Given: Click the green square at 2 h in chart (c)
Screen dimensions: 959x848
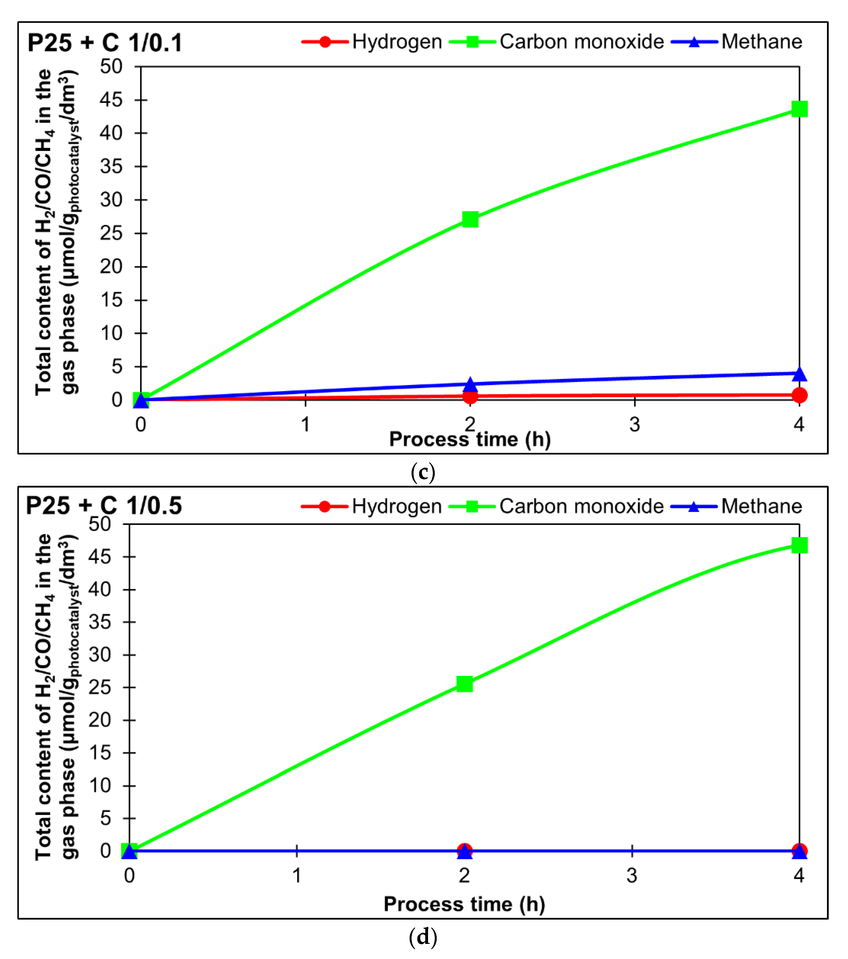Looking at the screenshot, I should pyautogui.click(x=470, y=219).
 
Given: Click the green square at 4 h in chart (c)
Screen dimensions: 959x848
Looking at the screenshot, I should pyautogui.click(x=799, y=109).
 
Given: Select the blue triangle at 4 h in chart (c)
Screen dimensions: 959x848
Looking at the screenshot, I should pyautogui.click(x=799, y=374).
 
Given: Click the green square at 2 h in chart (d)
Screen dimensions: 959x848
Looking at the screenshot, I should pyautogui.click(x=465, y=684).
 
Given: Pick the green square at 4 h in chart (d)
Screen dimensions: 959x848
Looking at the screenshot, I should pyautogui.click(x=799, y=545).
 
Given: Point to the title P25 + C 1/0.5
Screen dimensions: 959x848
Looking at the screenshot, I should pyautogui.click(x=104, y=506).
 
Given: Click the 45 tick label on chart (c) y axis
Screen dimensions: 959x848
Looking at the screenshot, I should pyautogui.click(x=111, y=100).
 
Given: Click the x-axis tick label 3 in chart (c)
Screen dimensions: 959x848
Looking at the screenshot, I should pyautogui.click(x=634, y=425).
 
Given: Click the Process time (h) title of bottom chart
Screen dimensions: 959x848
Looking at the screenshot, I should pyautogui.click(x=464, y=904).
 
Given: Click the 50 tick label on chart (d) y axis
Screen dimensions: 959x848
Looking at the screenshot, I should pyautogui.click(x=100, y=524).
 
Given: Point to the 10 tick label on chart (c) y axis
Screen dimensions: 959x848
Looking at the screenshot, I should pyautogui.click(x=111, y=333).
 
